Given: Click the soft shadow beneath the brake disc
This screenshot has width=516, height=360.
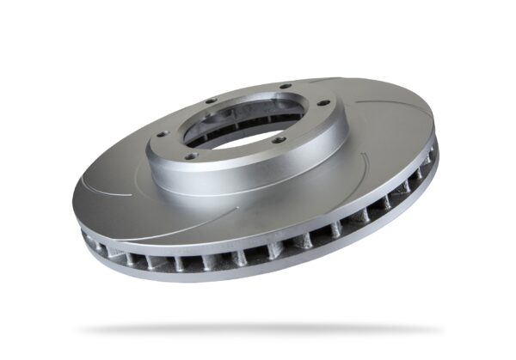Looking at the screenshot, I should point(258,329).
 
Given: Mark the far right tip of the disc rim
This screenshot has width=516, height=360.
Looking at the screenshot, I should point(437,146).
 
